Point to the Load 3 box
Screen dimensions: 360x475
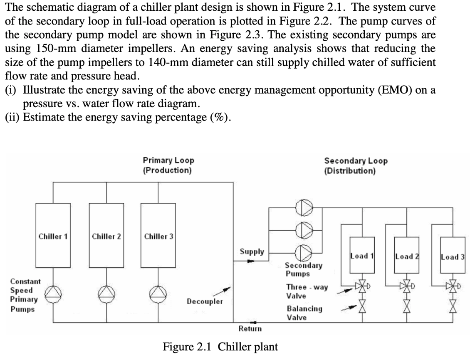click(453, 255)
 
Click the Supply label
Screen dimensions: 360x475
click(252, 252)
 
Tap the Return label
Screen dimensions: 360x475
click(250, 328)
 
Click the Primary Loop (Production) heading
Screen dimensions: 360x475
click(168, 165)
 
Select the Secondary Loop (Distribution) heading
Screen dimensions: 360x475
click(356, 165)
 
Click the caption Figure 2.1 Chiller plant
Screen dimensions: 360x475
click(220, 346)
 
